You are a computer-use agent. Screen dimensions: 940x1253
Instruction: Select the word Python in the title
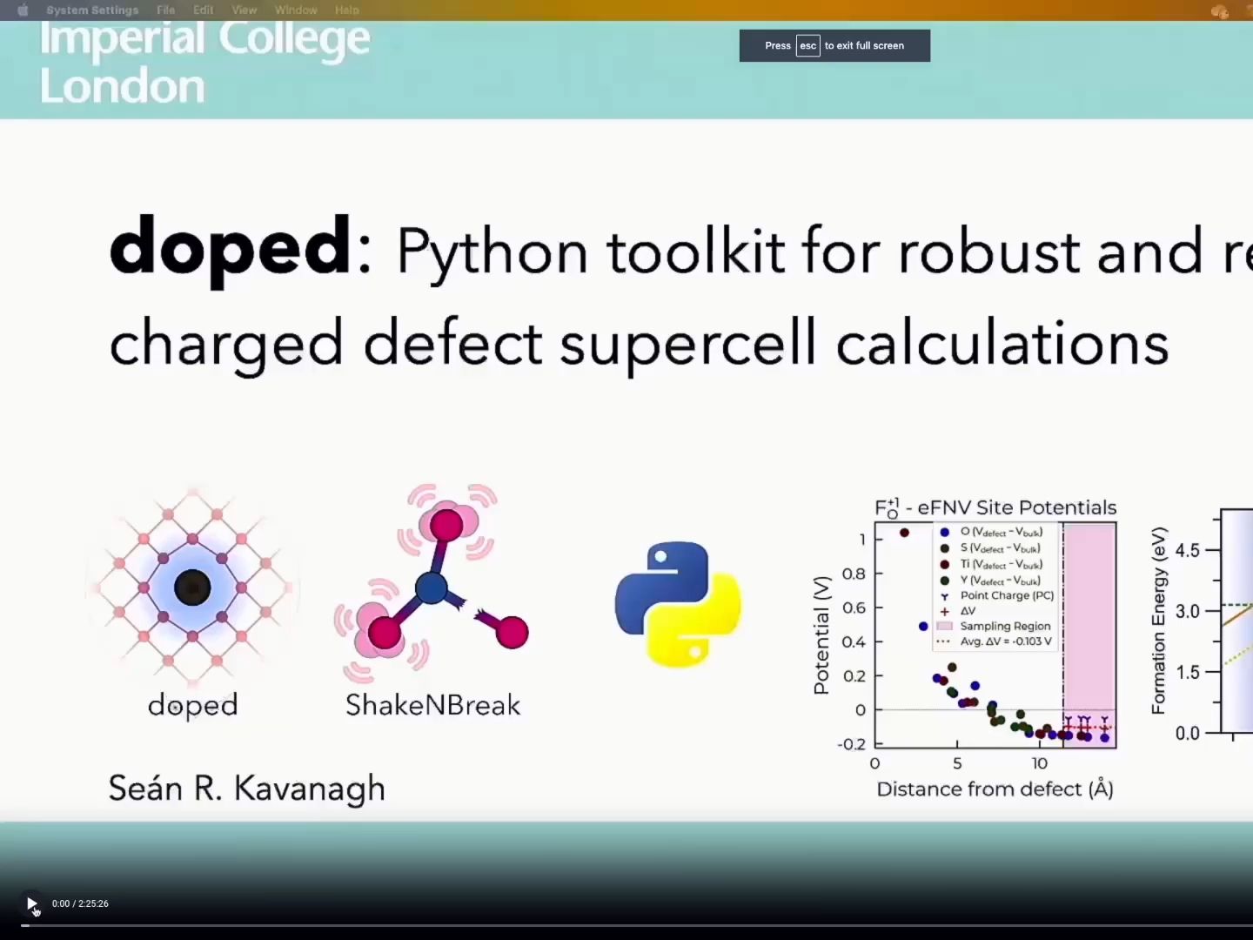(x=492, y=252)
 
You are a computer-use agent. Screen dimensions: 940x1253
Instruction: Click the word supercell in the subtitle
(x=687, y=343)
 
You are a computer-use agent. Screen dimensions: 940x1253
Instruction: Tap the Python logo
(x=677, y=604)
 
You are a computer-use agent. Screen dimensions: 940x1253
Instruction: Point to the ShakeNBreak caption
(x=432, y=705)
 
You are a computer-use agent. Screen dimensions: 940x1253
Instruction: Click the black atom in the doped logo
(x=192, y=587)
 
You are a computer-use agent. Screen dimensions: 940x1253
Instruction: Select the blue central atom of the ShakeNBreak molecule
(x=431, y=588)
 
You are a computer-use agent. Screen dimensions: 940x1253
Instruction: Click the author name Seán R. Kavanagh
(x=246, y=789)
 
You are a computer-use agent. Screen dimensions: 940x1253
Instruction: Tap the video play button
(x=31, y=903)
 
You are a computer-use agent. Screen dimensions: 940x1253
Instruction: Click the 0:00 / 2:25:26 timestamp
(x=80, y=903)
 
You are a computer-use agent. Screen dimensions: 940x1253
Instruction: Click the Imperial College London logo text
(x=205, y=63)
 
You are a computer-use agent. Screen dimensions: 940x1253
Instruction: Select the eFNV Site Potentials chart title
(x=995, y=507)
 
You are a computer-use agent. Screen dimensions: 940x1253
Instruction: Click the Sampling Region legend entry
(x=1005, y=626)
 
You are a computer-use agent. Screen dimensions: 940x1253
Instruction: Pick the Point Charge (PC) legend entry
(x=1007, y=595)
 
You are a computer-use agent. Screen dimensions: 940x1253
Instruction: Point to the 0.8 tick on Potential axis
(x=854, y=574)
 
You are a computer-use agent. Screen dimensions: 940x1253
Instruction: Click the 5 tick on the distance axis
(x=957, y=763)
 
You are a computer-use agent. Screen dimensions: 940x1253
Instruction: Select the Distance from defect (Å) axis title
(x=995, y=789)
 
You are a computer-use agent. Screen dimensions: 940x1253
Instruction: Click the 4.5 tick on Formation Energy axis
(x=1187, y=550)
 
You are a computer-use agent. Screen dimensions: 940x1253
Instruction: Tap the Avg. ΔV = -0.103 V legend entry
(x=1006, y=641)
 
